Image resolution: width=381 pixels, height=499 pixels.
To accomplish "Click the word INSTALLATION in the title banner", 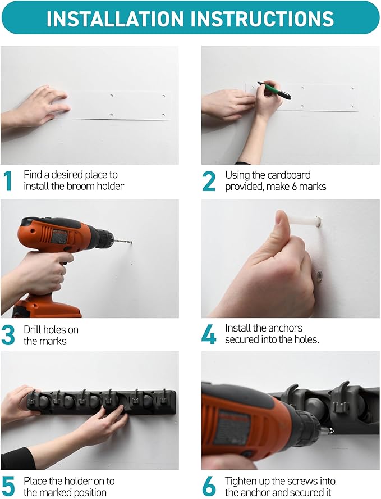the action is point(115,19).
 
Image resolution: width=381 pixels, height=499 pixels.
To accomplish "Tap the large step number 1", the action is point(8,181).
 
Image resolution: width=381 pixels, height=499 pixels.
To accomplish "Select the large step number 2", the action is point(209,181).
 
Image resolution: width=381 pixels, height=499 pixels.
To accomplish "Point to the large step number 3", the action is point(8,335).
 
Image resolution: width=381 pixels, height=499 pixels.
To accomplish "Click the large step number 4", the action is point(209,334).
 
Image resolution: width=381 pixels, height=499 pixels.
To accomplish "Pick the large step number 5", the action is point(8,487).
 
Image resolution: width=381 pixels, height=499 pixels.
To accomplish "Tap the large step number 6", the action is point(209,487).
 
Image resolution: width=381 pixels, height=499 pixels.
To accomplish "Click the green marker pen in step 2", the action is point(274,90).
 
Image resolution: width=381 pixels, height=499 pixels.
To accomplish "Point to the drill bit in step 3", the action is point(122,242).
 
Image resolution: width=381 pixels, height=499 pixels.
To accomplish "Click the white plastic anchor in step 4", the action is point(304,221).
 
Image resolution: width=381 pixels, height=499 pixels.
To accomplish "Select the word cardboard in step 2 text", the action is point(289,175).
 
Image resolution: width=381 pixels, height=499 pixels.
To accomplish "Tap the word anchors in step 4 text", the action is point(283,328).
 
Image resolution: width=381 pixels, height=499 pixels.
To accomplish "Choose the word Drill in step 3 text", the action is point(32,329).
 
